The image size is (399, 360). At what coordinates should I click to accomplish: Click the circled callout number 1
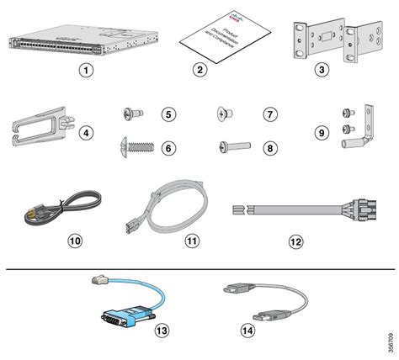coord(85,70)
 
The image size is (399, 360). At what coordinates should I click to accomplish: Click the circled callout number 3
coord(322,70)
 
